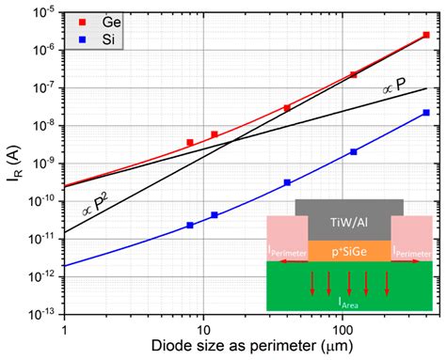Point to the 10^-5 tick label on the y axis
click(x=44, y=14)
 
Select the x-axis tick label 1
click(x=64, y=330)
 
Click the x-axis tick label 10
click(x=202, y=330)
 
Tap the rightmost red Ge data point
click(x=426, y=35)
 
